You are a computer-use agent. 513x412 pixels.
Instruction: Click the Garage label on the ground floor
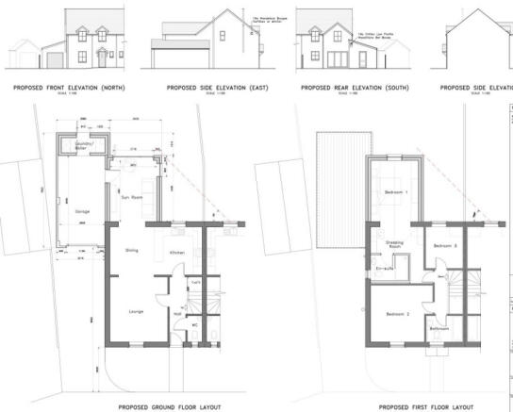[82, 211]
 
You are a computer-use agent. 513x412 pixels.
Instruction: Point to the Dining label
[131, 250]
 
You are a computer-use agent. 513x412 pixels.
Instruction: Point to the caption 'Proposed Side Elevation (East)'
[205, 88]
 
